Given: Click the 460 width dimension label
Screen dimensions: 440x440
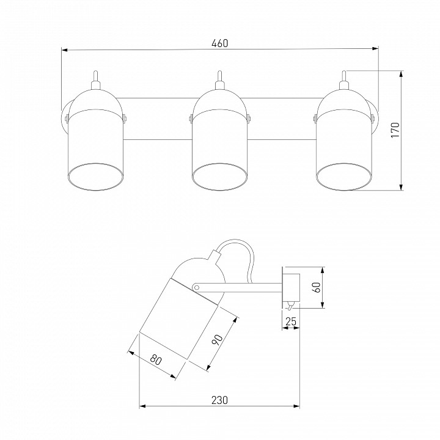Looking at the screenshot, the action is (x=220, y=43).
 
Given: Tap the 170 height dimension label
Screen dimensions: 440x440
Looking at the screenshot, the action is (x=395, y=130).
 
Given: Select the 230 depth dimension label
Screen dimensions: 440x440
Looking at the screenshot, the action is (x=219, y=400).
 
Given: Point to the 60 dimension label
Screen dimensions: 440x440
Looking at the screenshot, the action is (x=317, y=287).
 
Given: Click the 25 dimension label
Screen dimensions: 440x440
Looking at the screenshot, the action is (x=290, y=321).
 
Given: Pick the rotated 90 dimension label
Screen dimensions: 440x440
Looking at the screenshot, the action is (x=217, y=340).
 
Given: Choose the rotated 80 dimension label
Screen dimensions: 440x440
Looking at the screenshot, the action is (x=156, y=360).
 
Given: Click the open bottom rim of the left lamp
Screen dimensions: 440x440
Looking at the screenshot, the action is (x=96, y=177).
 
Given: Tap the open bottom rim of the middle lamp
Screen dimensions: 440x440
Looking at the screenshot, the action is (x=220, y=177).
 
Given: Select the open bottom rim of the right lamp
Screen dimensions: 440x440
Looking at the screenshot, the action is (x=343, y=177).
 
